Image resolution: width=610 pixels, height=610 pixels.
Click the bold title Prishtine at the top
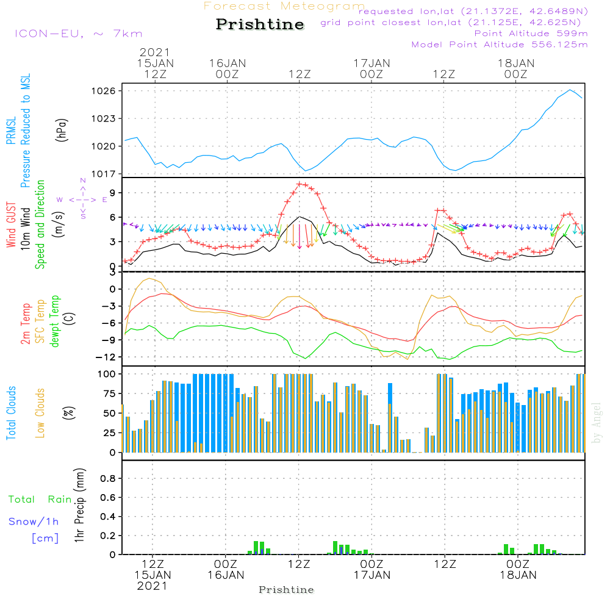(x=260, y=24)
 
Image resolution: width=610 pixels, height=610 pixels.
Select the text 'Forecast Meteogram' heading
(x=284, y=6)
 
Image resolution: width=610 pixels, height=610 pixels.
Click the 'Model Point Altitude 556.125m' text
(x=500, y=45)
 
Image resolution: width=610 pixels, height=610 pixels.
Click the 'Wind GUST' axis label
(x=11, y=226)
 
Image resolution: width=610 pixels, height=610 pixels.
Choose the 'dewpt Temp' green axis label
(x=55, y=321)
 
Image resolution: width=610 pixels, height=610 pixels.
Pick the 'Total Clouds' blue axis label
(x=11, y=413)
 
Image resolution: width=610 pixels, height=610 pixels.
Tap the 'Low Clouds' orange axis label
(x=40, y=413)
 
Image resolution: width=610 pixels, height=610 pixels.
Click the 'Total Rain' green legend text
(x=40, y=500)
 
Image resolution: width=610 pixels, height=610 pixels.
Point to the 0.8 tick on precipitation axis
(x=108, y=479)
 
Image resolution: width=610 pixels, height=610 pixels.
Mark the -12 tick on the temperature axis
(x=107, y=357)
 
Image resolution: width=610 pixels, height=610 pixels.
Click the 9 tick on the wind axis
(x=113, y=193)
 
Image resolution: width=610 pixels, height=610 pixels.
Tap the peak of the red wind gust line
(x=300, y=184)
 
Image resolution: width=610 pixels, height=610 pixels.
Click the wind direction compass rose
(x=83, y=199)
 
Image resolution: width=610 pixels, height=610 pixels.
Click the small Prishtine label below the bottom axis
(x=286, y=590)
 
